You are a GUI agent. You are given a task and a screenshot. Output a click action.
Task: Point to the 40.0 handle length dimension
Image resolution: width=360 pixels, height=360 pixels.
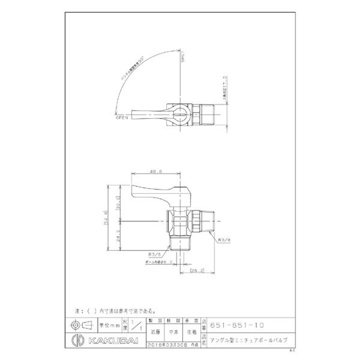[157, 171]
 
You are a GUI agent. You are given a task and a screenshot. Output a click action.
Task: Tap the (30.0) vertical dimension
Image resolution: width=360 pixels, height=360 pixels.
[118, 203]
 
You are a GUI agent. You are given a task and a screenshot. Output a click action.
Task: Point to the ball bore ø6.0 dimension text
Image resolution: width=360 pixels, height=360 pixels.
[154, 261]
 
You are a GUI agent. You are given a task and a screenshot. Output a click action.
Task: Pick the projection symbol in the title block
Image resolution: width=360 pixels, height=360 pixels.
[81, 324]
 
